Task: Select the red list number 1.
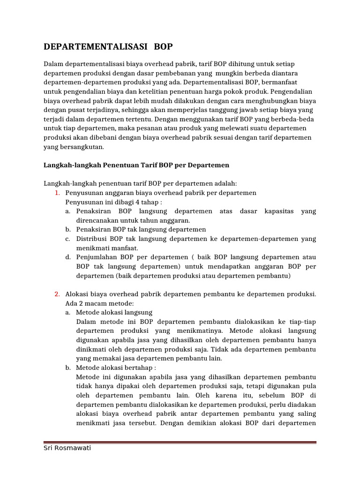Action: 57,193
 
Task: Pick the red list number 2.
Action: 57,294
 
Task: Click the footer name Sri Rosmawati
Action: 67,448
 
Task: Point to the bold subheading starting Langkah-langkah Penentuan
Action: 136,165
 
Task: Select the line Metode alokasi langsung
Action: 114,312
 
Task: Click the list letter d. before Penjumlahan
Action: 68,257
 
